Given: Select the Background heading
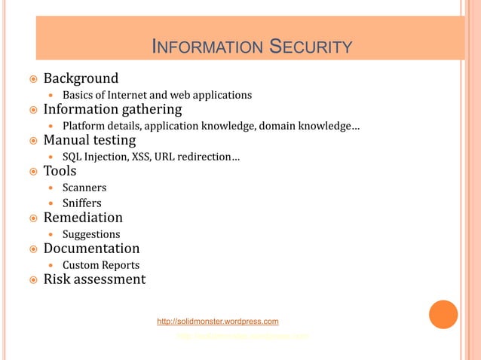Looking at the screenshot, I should (x=81, y=78).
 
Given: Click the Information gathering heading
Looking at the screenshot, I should (x=112, y=109).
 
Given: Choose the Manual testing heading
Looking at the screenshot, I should (x=90, y=140).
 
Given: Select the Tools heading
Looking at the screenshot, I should (x=60, y=171).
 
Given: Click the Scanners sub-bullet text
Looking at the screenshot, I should (x=84, y=188).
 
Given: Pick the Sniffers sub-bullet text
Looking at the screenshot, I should (x=81, y=203).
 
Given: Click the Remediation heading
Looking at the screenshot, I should (x=83, y=218).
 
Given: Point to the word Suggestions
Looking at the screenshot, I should (x=91, y=234).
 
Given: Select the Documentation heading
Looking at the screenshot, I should (x=91, y=249).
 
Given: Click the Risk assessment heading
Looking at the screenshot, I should (x=94, y=279).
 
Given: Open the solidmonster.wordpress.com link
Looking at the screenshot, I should (x=218, y=322).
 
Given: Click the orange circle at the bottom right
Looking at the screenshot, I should (x=443, y=314).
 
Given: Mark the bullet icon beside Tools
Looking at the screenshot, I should (x=33, y=172).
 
